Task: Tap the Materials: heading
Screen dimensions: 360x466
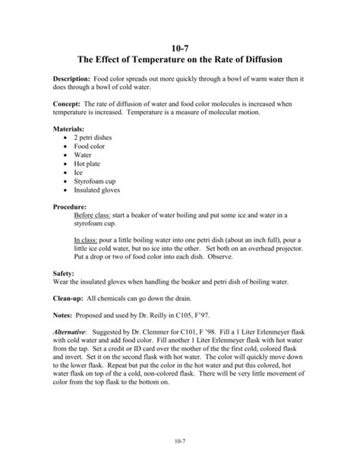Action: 69,128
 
